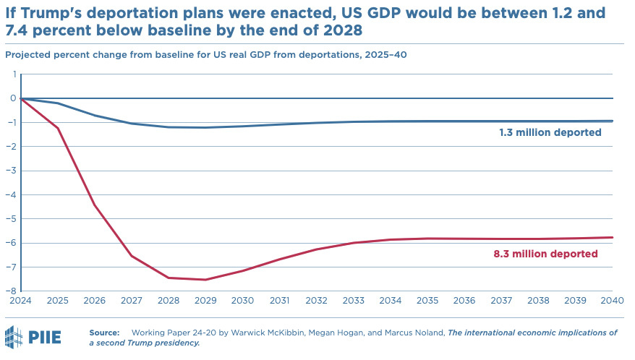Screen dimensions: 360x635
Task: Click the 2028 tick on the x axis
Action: click(x=169, y=300)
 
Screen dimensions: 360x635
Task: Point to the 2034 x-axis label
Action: click(x=391, y=300)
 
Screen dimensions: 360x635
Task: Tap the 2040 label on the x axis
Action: click(x=613, y=300)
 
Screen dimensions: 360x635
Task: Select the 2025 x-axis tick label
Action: click(x=58, y=300)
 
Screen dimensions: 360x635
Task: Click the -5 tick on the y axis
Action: click(x=12, y=219)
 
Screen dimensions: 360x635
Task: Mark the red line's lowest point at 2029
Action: click(x=205, y=280)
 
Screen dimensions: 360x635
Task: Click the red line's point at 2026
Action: click(x=95, y=205)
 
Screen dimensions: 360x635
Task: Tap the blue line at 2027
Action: click(x=132, y=124)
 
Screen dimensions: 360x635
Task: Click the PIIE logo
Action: click(x=33, y=337)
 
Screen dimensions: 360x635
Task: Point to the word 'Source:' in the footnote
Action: click(x=104, y=333)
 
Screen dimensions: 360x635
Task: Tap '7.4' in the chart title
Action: click(x=20, y=32)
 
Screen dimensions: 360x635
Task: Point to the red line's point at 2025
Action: click(x=58, y=128)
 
